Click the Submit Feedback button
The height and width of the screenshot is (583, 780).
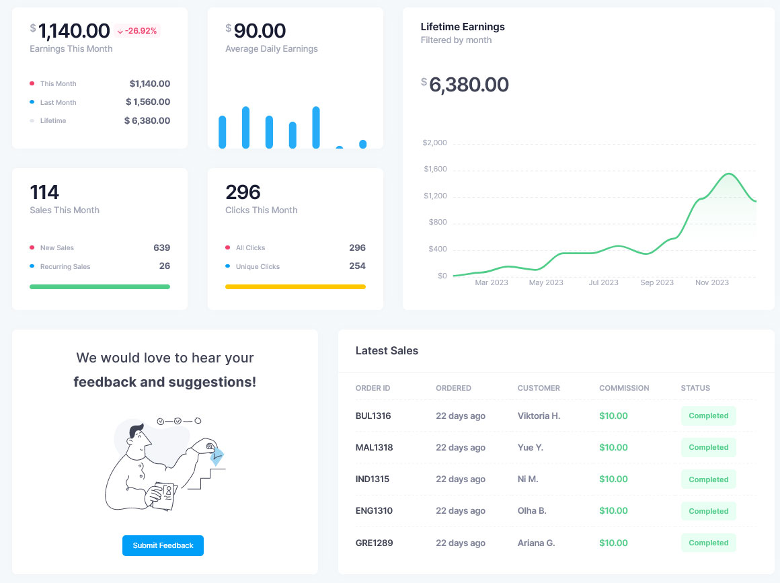coord(163,545)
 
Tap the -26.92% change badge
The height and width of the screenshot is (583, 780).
coord(137,31)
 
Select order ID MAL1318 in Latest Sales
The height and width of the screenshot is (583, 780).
coord(374,447)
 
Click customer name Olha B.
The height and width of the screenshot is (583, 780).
coord(532,510)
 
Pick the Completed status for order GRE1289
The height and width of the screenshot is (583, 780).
coord(708,543)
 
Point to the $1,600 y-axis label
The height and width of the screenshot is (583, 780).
coord(435,169)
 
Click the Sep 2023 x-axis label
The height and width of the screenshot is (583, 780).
coord(656,282)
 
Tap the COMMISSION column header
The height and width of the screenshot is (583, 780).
coord(624,388)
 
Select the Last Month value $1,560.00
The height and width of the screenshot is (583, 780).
coord(148,102)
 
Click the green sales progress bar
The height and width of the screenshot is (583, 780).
coord(100,286)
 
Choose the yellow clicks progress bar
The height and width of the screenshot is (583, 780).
coord(295,286)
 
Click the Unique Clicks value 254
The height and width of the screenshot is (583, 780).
coord(357,266)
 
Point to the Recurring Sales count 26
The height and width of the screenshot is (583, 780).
coord(165,266)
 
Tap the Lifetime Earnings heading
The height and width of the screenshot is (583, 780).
coord(463,27)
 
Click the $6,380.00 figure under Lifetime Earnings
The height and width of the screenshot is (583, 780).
coord(469,85)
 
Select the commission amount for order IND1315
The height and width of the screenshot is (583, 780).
coord(613,479)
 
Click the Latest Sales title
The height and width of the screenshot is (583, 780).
coord(387,350)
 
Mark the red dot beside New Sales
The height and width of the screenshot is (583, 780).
coord(32,247)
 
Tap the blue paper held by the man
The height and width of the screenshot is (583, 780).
coord(217,457)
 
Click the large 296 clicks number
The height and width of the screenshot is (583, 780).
coord(243,192)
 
